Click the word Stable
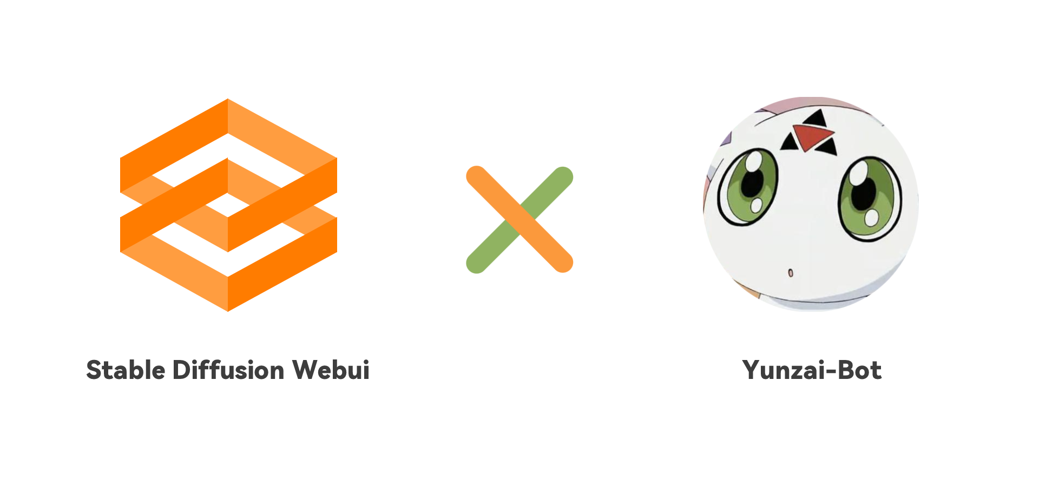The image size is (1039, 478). [126, 370]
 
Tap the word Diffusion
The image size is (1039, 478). [228, 370]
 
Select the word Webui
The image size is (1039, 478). [331, 370]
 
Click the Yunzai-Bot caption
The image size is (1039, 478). [812, 370]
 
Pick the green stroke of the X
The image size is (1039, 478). [492, 246]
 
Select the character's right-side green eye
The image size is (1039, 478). [869, 198]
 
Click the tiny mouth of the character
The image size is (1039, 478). [791, 272]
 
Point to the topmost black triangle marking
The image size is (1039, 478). [817, 118]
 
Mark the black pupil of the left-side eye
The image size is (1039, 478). [752, 181]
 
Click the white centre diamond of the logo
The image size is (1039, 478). [228, 205]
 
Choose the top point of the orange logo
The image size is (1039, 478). [228, 101]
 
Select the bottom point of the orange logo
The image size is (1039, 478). [228, 310]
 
